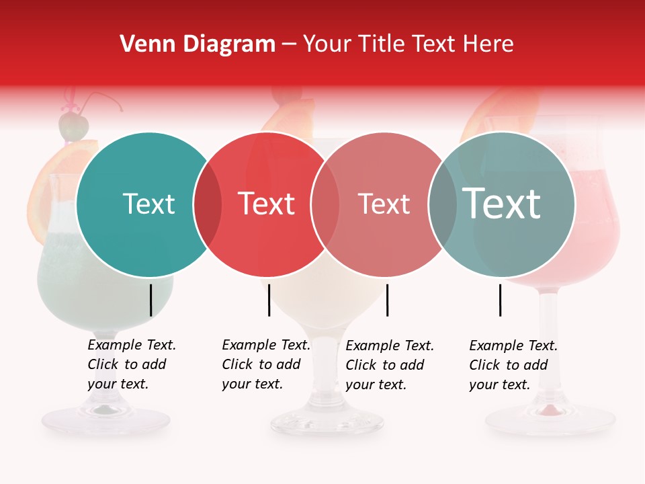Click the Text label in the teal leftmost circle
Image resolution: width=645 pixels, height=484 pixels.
point(148,204)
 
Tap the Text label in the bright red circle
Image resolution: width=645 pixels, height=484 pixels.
point(266,204)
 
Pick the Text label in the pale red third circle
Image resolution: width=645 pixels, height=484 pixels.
point(384,204)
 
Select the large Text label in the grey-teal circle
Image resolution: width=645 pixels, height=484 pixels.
point(501,203)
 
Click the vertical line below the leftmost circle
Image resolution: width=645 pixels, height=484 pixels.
point(150,300)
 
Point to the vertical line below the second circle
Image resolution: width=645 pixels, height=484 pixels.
point(269,300)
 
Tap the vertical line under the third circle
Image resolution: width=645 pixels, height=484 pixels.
point(387,300)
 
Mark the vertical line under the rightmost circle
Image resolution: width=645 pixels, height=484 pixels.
point(500,300)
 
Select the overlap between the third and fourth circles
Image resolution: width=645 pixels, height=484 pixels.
point(442,204)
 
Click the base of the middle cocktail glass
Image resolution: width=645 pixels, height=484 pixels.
point(327,422)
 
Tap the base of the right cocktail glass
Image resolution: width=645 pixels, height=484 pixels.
point(550,421)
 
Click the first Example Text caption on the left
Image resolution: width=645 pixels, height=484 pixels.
point(132,364)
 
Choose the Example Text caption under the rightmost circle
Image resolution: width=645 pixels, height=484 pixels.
point(513,365)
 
